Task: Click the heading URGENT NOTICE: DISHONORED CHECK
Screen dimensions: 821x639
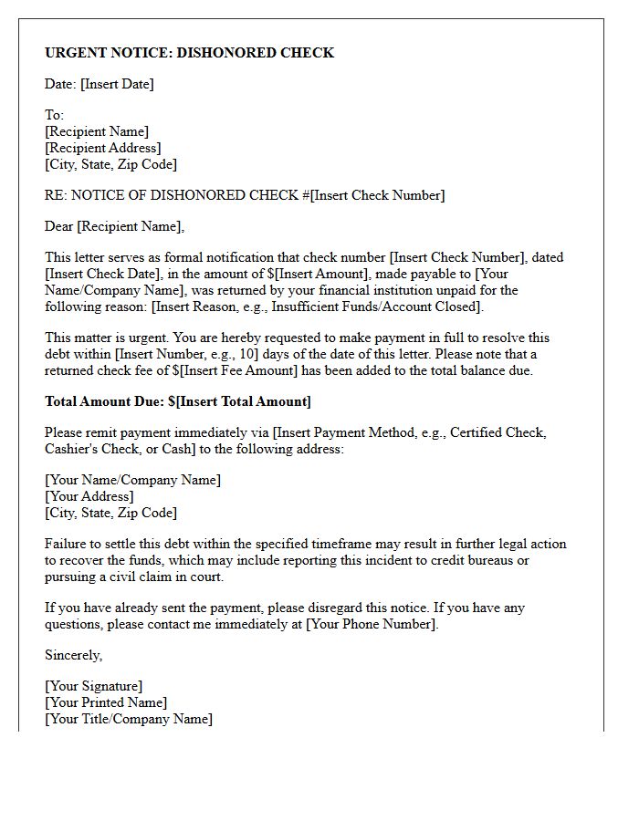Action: [189, 53]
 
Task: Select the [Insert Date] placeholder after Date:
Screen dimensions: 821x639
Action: [117, 84]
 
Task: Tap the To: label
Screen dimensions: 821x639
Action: [54, 115]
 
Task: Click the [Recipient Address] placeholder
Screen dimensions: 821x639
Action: [102, 148]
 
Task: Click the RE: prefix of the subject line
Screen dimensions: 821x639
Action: [55, 195]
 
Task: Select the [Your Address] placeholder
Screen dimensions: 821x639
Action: [89, 496]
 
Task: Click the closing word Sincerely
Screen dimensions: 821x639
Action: [73, 655]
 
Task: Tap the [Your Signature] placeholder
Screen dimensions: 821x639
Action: [93, 686]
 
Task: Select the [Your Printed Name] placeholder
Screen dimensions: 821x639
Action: [106, 702]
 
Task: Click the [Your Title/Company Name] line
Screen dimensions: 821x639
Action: [128, 719]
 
